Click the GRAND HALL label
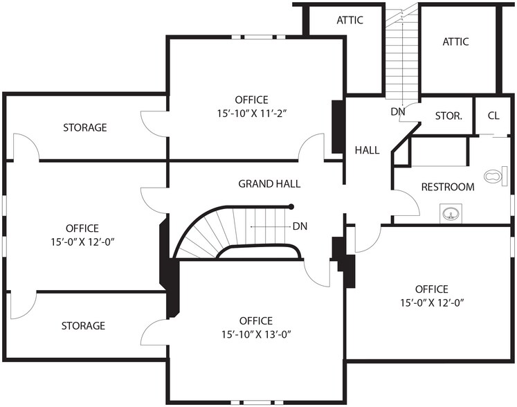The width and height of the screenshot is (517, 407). coord(269,184)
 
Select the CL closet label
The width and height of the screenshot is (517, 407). coord(493,116)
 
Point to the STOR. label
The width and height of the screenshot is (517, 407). coord(448,116)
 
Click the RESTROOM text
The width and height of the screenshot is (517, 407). coord(448,187)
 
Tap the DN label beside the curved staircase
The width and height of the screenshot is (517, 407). coord(300,226)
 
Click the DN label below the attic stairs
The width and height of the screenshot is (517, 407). coord(398,111)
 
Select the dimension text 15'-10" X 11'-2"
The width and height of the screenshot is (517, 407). coord(251,112)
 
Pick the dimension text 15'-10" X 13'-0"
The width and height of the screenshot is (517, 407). coord(255,334)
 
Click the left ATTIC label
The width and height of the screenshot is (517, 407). coord(350,20)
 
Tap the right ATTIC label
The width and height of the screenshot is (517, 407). coord(455,42)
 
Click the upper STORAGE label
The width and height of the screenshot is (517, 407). coord(85,127)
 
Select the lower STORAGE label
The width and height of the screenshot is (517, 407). coord(83,325)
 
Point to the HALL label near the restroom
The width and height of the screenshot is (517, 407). coord(367,150)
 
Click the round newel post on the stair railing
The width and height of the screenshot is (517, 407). coord(291,206)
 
